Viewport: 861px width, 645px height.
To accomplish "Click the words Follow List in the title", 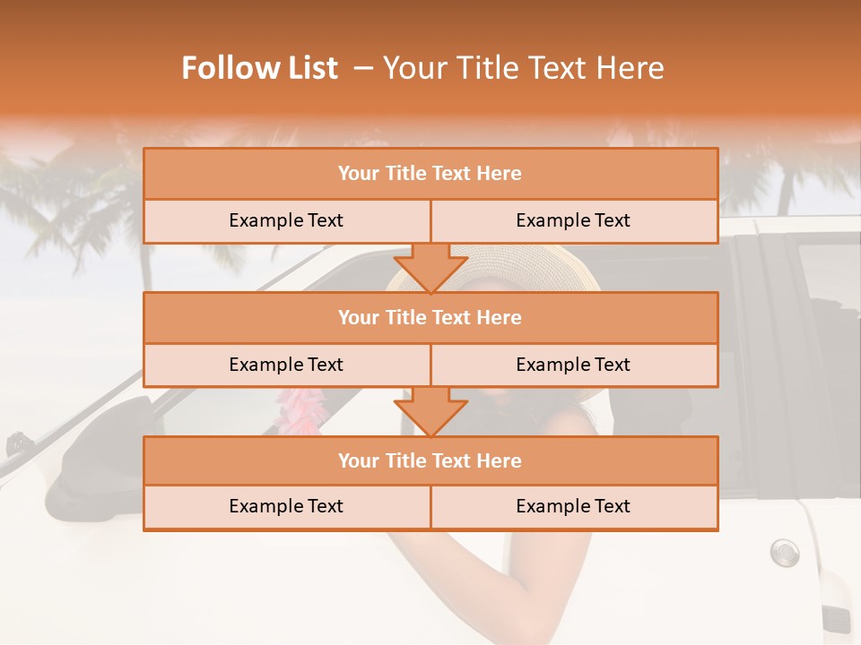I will [x=259, y=68].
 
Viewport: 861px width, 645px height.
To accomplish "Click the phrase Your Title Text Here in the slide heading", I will [x=524, y=68].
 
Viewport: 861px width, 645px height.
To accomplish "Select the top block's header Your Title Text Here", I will [x=430, y=174].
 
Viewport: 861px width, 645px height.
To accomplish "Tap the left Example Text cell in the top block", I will [x=286, y=220].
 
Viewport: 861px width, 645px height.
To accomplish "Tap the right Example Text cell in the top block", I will [x=573, y=220].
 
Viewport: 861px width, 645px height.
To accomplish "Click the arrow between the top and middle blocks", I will [x=430, y=267].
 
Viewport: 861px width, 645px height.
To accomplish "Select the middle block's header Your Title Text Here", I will [x=430, y=317].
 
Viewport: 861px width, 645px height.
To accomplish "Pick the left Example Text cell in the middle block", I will [x=286, y=365].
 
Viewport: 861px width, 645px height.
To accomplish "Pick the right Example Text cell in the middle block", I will [x=573, y=365].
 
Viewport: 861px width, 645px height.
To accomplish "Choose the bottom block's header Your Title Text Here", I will [x=430, y=460].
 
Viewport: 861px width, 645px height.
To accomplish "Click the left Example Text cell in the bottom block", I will [x=286, y=506].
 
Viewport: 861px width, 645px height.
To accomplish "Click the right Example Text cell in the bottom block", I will [x=573, y=506].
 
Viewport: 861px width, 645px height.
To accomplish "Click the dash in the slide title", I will [x=364, y=68].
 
